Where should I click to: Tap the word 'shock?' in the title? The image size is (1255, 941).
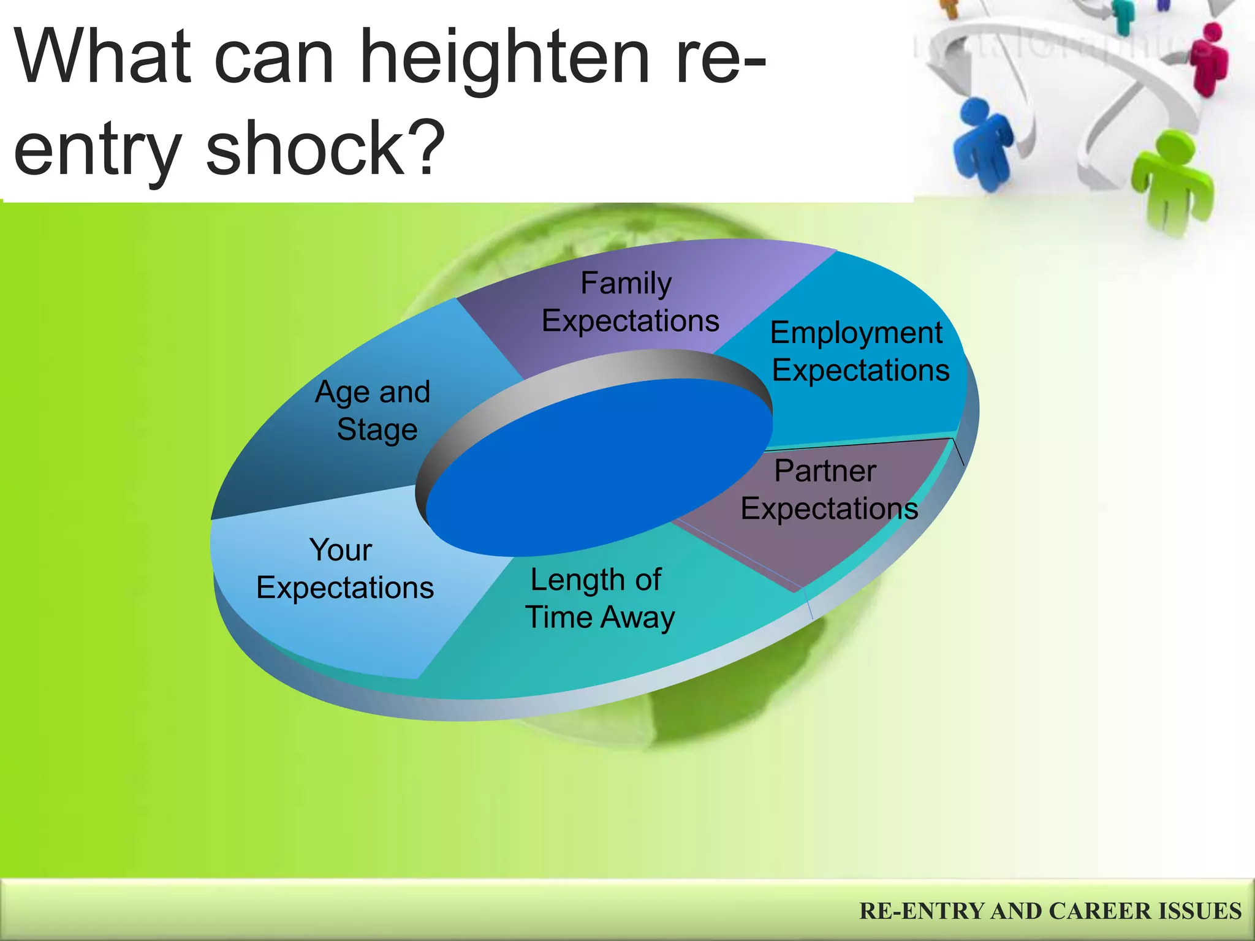coord(325,149)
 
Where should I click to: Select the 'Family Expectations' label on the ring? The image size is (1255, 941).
coord(629,302)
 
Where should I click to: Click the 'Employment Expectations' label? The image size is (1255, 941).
coord(859,352)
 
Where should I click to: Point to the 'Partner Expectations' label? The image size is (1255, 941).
coord(828,489)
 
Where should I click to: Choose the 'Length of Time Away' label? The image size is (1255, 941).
coord(599,598)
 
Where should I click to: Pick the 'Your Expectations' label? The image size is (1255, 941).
coord(344,569)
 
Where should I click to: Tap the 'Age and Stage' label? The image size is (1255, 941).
coord(374,410)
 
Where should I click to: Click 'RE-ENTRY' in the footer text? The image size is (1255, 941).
coord(922,911)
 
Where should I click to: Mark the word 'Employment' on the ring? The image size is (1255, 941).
coord(855,333)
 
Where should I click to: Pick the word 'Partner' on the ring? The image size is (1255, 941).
coord(825,471)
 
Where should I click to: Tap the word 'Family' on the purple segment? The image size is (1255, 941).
coord(626,284)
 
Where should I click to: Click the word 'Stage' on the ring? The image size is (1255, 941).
coord(377,429)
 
